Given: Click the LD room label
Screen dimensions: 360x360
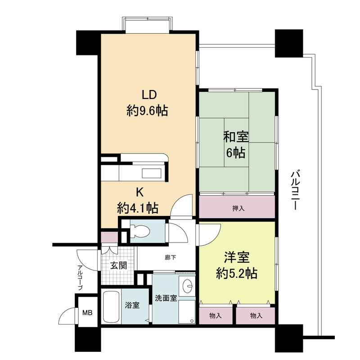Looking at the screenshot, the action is (149, 94).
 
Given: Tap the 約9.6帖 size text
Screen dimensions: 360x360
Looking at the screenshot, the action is (147, 111).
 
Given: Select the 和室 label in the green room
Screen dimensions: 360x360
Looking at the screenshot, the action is (236, 137).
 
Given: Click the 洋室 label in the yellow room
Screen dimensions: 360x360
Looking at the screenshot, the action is (237, 257).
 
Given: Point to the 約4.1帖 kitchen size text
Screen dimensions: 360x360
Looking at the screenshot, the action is (138, 208).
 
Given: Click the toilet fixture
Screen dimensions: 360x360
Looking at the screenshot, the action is (139, 231).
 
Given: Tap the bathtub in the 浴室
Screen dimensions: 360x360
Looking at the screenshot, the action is (111, 307).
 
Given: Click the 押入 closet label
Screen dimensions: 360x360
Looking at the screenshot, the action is (238, 208).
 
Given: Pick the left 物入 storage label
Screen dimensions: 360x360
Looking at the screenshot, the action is (216, 316).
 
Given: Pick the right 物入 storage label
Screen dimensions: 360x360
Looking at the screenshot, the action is (256, 316).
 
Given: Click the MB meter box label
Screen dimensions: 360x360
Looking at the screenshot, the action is (87, 312).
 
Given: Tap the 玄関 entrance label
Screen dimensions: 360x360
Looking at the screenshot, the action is (118, 265).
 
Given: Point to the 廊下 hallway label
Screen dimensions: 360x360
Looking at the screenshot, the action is (171, 257).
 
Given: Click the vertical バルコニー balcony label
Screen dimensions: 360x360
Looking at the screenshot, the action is (295, 189).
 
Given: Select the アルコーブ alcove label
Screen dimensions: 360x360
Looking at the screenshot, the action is (80, 277).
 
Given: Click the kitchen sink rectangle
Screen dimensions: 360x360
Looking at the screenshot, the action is (152, 173).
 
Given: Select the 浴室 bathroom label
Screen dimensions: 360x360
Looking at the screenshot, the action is (132, 306).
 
